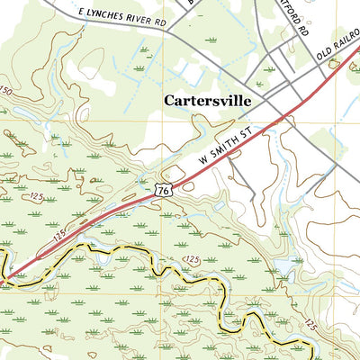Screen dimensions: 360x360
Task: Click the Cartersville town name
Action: tap(206, 101)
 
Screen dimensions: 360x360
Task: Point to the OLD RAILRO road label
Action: tap(337, 52)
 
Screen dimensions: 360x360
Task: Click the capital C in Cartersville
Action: tap(169, 101)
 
